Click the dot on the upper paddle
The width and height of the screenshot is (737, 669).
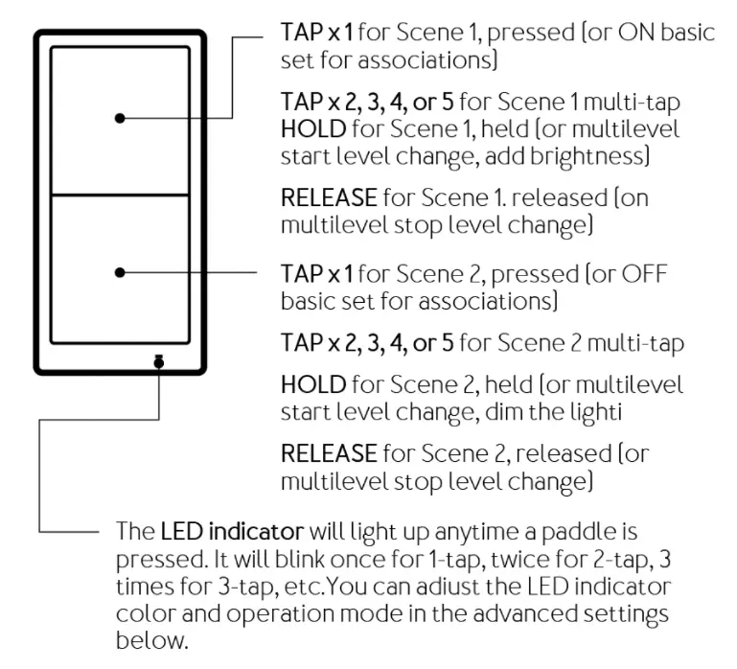click(x=120, y=118)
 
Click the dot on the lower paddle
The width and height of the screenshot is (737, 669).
click(x=120, y=272)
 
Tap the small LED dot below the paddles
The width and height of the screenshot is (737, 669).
click(x=159, y=362)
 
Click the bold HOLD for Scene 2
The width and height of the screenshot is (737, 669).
click(x=313, y=385)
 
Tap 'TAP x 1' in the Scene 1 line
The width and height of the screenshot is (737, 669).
click(x=316, y=32)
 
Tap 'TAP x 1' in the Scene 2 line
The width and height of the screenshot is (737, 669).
click(x=316, y=273)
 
